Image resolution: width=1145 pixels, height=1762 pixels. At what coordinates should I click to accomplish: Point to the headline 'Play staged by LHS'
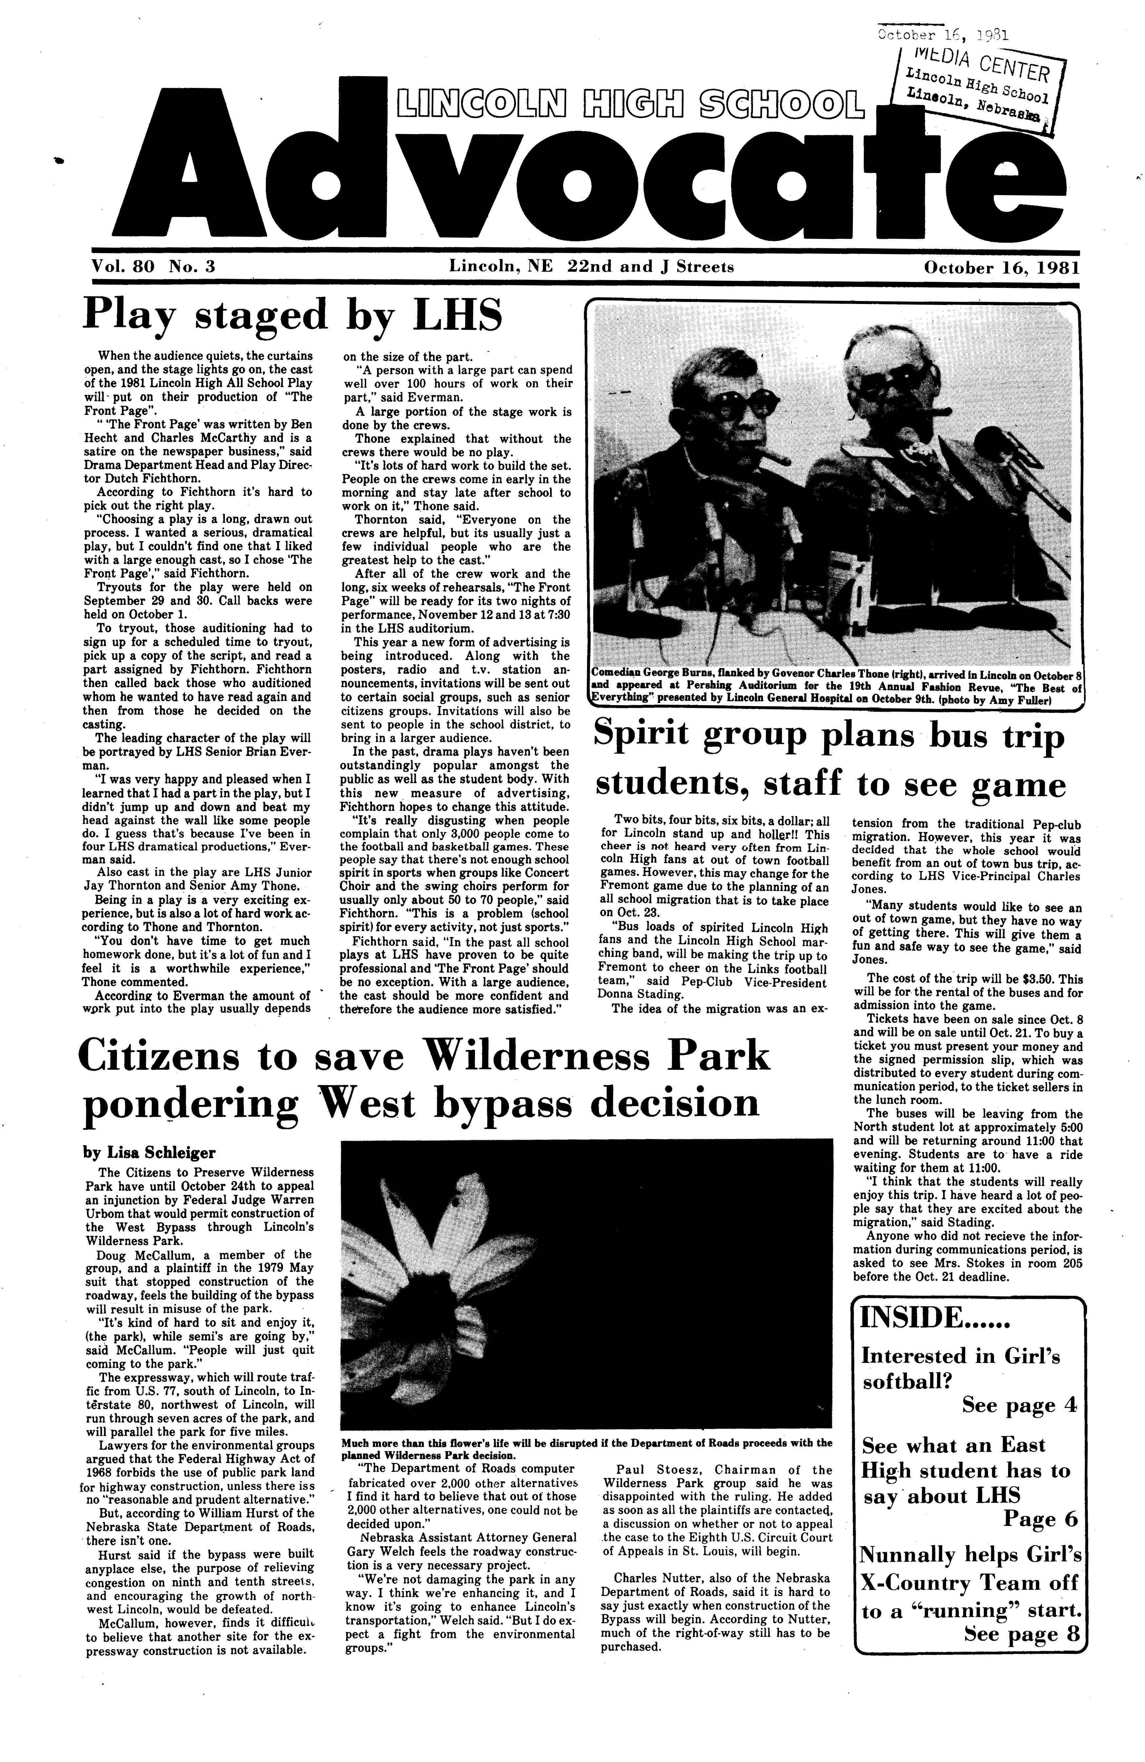tap(292, 314)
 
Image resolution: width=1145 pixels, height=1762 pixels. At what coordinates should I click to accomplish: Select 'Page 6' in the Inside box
tap(1040, 1518)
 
